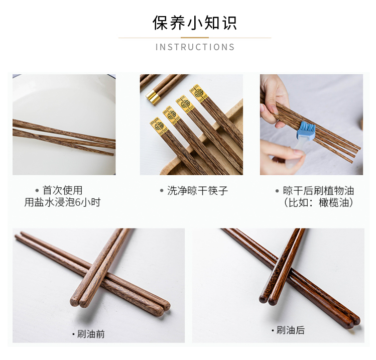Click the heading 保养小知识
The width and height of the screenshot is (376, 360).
click(x=195, y=23)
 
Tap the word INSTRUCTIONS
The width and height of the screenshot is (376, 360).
click(x=195, y=47)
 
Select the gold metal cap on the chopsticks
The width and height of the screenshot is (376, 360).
click(x=153, y=96)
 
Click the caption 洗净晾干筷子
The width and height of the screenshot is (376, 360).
click(x=197, y=191)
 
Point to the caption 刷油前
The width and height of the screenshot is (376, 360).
click(x=91, y=334)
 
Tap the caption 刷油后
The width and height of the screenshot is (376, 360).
click(x=291, y=330)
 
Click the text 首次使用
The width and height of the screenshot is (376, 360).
click(x=63, y=190)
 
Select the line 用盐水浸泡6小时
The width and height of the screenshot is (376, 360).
click(x=62, y=202)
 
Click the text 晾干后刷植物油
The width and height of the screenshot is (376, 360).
click(x=318, y=191)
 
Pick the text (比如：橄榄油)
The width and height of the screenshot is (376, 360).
click(x=318, y=203)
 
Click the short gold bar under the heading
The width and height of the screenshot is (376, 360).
click(x=195, y=38)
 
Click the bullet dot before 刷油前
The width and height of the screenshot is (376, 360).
click(x=74, y=334)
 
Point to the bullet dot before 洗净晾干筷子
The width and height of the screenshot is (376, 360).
click(x=162, y=191)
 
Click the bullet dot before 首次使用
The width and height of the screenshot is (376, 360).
click(x=37, y=191)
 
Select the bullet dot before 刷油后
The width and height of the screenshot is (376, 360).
click(x=273, y=330)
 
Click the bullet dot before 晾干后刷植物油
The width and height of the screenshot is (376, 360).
click(x=277, y=191)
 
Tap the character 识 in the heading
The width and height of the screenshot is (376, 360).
click(x=229, y=23)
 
